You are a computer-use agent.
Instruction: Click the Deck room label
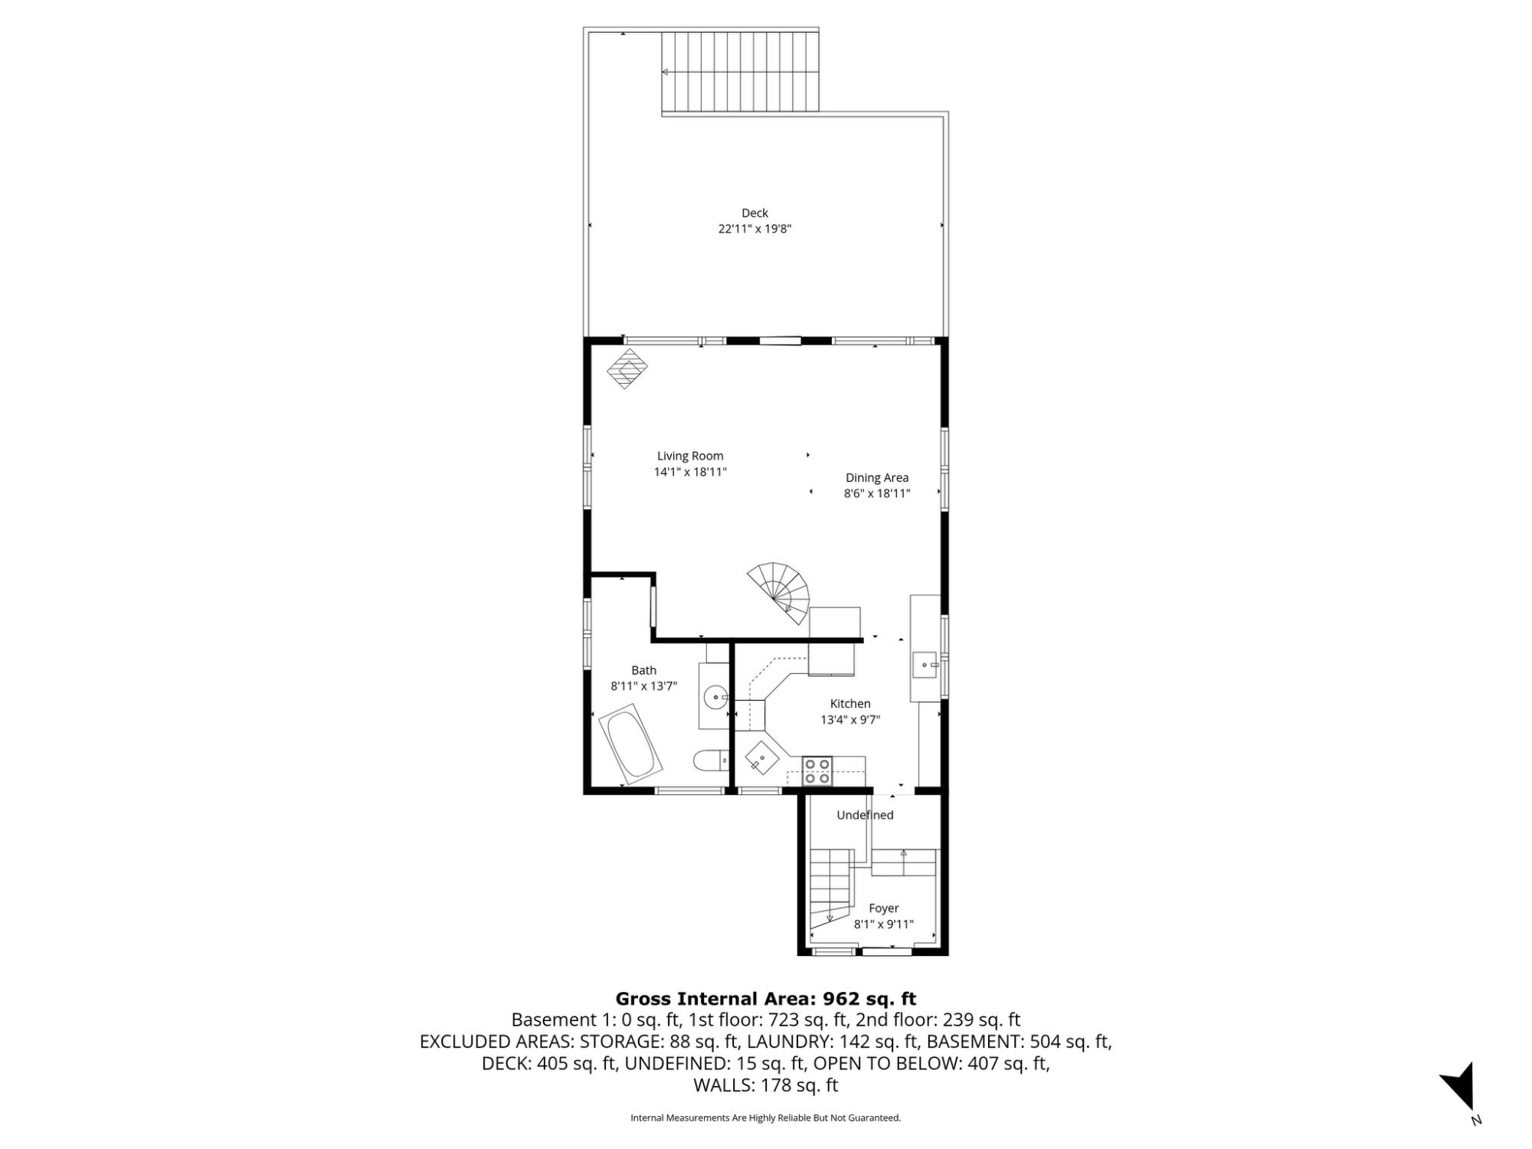[x=755, y=213]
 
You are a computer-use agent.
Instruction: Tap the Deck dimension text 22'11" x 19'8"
[x=755, y=228]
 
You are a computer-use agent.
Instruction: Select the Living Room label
[x=690, y=456]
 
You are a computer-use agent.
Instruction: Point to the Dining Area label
[x=877, y=477]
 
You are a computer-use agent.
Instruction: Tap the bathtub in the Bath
[x=630, y=748]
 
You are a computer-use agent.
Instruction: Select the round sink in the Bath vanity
[x=716, y=698]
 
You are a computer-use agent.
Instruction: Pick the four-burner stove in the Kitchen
[x=817, y=771]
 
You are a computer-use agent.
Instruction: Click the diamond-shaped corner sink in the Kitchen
[x=763, y=759]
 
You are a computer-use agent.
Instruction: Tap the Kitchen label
[x=850, y=703]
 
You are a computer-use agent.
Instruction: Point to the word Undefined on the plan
[x=865, y=815]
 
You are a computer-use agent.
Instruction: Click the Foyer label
[x=884, y=908]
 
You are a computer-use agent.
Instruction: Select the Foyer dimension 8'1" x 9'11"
[x=884, y=924]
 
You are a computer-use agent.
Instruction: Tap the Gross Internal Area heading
[x=766, y=998]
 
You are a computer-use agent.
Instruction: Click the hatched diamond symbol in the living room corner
[x=627, y=368]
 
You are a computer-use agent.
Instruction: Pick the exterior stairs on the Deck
[x=740, y=72]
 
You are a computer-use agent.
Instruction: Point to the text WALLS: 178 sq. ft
[x=766, y=1085]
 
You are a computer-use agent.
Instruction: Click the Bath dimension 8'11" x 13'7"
[x=644, y=686]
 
